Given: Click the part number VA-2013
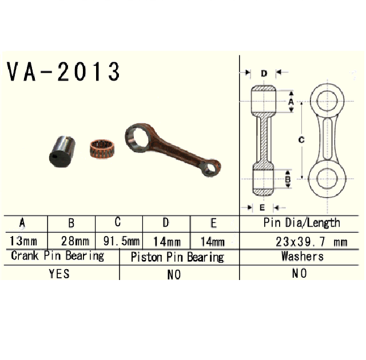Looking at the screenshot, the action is point(63,71).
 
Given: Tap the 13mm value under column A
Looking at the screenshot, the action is point(23,241).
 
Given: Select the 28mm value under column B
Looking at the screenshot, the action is point(75,241).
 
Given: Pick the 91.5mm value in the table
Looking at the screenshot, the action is point(121,241).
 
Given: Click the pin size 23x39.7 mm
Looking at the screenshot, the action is point(311,242).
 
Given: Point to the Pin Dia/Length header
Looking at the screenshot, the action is point(301,223).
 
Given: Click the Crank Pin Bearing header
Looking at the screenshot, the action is point(57,256).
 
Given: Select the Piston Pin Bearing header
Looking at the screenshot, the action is point(177,257).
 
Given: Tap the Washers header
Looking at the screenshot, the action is point(303,256).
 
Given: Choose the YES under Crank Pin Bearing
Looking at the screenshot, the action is point(59,274).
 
